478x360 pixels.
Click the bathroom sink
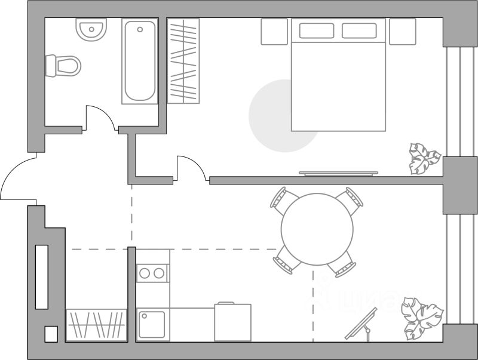pyautogui.click(x=91, y=29)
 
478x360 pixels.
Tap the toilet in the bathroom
pyautogui.click(x=65, y=65)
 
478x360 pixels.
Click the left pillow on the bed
pyautogui.click(x=317, y=31)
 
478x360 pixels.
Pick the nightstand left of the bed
pyautogui.click(x=275, y=31)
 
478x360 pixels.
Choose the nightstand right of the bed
pyautogui.click(x=402, y=31)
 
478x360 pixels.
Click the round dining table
pyautogui.click(x=317, y=228)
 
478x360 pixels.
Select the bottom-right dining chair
pyautogui.click(x=346, y=264)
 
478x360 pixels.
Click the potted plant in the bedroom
pyautogui.click(x=424, y=158)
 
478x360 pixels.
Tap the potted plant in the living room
pyautogui.click(x=421, y=317)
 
